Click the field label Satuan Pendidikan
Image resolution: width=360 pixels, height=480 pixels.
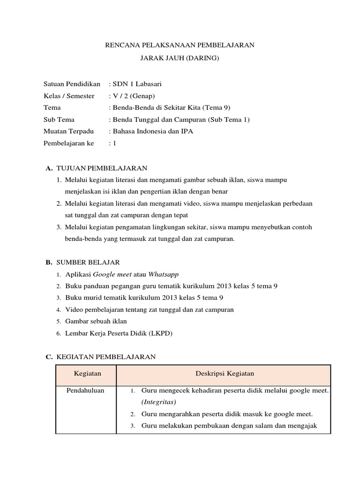pyautogui.click(x=72, y=84)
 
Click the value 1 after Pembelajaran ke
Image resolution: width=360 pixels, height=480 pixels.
pyautogui.click(x=114, y=143)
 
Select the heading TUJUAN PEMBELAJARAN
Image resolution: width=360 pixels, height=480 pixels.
pyautogui.click(x=102, y=167)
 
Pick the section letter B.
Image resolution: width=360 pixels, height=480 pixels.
pyautogui.click(x=48, y=262)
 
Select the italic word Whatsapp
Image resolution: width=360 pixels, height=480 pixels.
pyautogui.click(x=164, y=274)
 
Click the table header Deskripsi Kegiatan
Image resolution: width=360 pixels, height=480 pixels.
pyautogui.click(x=224, y=374)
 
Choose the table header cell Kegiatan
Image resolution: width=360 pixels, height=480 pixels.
pyautogui.click(x=87, y=374)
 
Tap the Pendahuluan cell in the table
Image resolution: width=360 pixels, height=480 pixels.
pyautogui.click(x=85, y=390)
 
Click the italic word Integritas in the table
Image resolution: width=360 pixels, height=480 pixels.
pyautogui.click(x=158, y=402)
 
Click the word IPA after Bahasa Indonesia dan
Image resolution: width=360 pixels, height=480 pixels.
pyautogui.click(x=186, y=131)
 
